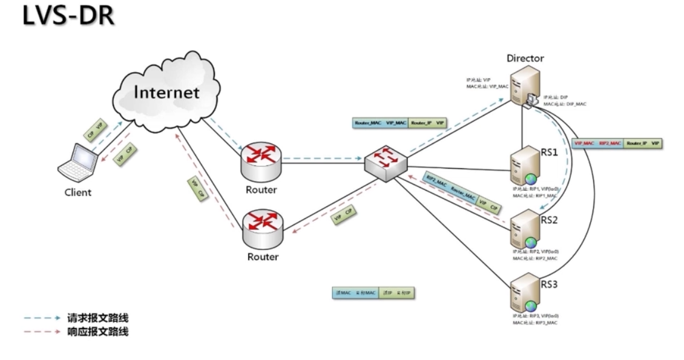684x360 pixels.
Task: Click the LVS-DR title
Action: tap(68, 17)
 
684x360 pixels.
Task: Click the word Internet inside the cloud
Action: tap(166, 93)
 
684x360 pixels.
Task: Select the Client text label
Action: tap(78, 192)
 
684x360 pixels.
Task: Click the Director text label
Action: tap(525, 59)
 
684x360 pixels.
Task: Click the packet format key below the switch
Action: tap(376, 293)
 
